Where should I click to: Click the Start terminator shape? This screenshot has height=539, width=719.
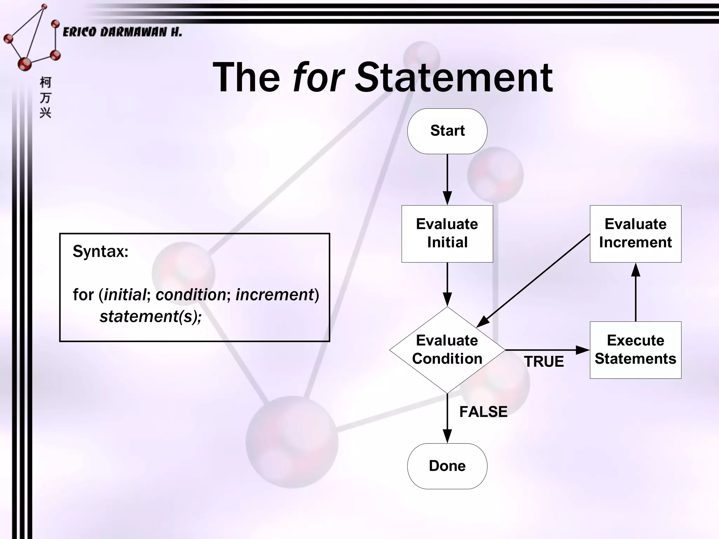coord(447,131)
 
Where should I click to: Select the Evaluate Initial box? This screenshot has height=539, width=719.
coord(447,233)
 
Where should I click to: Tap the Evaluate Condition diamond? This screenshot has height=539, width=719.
coord(447,350)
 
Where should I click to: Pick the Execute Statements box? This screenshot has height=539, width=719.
coord(635,350)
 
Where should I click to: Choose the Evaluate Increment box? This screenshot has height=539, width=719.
coord(635,233)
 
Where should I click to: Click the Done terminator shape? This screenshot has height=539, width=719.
coord(447,466)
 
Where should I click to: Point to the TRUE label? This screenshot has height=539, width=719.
coord(544,361)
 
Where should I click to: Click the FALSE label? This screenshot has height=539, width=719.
coord(483,412)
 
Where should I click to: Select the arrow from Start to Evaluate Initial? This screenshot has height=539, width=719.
coord(447,179)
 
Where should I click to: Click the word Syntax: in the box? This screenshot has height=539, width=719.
coord(100,251)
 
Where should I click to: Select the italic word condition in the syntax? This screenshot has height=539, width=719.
coord(191,294)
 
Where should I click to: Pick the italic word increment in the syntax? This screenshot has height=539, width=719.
coord(275,294)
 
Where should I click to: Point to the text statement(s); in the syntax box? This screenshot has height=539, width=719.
coord(151,317)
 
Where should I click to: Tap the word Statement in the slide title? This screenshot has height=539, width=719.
coord(454,77)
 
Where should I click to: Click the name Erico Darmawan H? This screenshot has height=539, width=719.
coord(122,32)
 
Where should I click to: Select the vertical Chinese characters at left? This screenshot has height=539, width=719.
coord(45,98)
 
